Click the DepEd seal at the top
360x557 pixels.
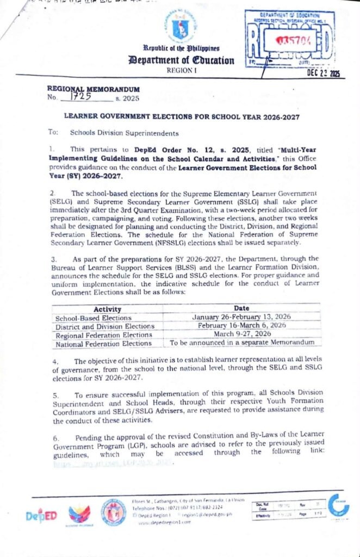pyautogui.click(x=181, y=27)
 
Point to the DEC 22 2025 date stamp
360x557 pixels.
pyautogui.click(x=324, y=74)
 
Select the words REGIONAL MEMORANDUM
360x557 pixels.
pyautogui.click(x=94, y=89)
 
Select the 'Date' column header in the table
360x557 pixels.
pyautogui.click(x=241, y=308)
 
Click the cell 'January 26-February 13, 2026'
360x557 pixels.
pyautogui.click(x=241, y=317)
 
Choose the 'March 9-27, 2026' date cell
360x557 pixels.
pyautogui.click(x=242, y=333)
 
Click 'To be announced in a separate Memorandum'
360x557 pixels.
pyautogui.click(x=242, y=343)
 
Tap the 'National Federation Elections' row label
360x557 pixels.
pyautogui.click(x=103, y=343)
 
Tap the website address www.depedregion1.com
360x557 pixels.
pyautogui.click(x=165, y=522)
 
